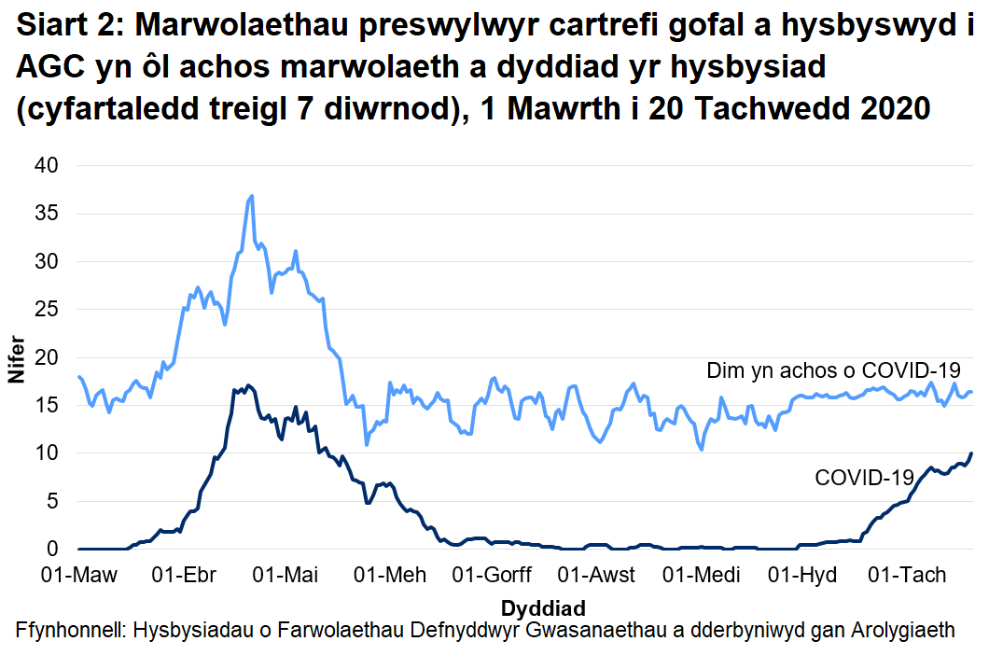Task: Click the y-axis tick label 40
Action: pyautogui.click(x=46, y=166)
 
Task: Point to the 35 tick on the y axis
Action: pyautogui.click(x=46, y=214)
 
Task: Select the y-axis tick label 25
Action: pyautogui.click(x=46, y=310)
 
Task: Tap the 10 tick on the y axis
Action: pyautogui.click(x=46, y=453)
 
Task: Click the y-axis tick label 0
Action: pyautogui.click(x=52, y=550)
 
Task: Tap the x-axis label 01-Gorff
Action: pyautogui.click(x=492, y=574)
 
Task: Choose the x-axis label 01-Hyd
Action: pyautogui.click(x=800, y=574)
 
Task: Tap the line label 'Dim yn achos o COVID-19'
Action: pyautogui.click(x=833, y=371)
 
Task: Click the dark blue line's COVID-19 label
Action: pyautogui.click(x=864, y=478)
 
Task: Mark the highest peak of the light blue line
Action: pyautogui.click(x=252, y=196)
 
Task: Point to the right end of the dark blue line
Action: pyautogui.click(x=971, y=453)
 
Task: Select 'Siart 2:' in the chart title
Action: pyautogui.click(x=70, y=28)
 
